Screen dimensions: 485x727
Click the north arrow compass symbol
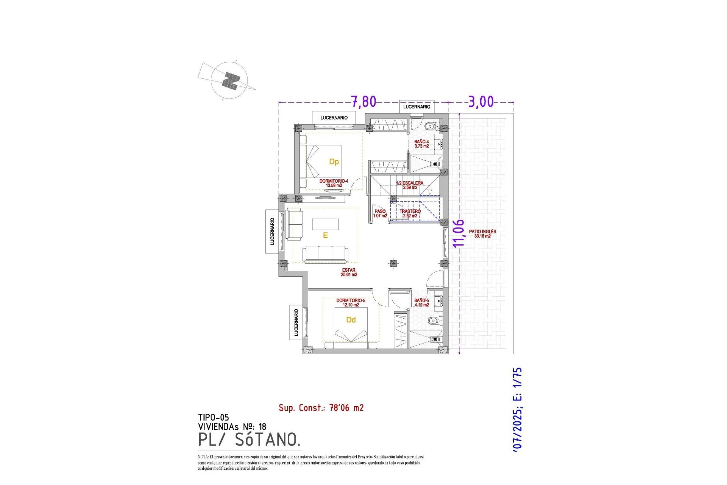point(230,81)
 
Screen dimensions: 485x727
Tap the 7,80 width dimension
point(363,102)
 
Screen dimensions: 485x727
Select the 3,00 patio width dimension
point(481,102)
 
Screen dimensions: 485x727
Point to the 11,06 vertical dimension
point(458,233)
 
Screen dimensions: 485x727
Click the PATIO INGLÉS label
point(482,233)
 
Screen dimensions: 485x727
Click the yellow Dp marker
point(334,162)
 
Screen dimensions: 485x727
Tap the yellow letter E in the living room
point(325,236)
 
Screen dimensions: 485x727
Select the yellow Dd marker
point(351,320)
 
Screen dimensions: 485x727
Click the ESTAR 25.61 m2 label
point(349,272)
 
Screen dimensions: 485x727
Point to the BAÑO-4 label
point(421,144)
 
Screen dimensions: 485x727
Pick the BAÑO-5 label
point(421,302)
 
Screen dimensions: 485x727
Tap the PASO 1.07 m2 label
point(380,213)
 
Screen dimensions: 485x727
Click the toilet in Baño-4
point(431,126)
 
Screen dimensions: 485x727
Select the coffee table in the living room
point(325,224)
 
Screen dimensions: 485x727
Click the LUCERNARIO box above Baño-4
point(417,107)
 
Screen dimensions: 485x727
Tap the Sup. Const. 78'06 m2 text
point(321,408)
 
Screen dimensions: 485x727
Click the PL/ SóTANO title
point(249,440)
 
